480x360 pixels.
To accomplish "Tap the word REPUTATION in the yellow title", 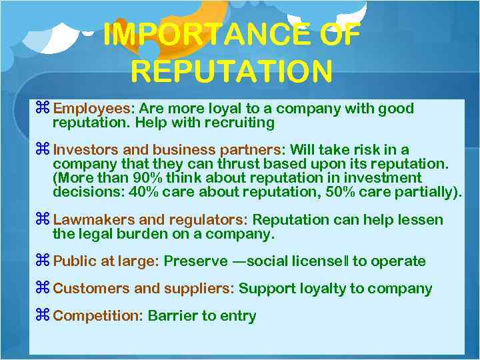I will [231, 70].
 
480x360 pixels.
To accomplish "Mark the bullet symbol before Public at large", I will [44, 261].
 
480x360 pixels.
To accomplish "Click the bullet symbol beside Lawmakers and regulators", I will [44, 220].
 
